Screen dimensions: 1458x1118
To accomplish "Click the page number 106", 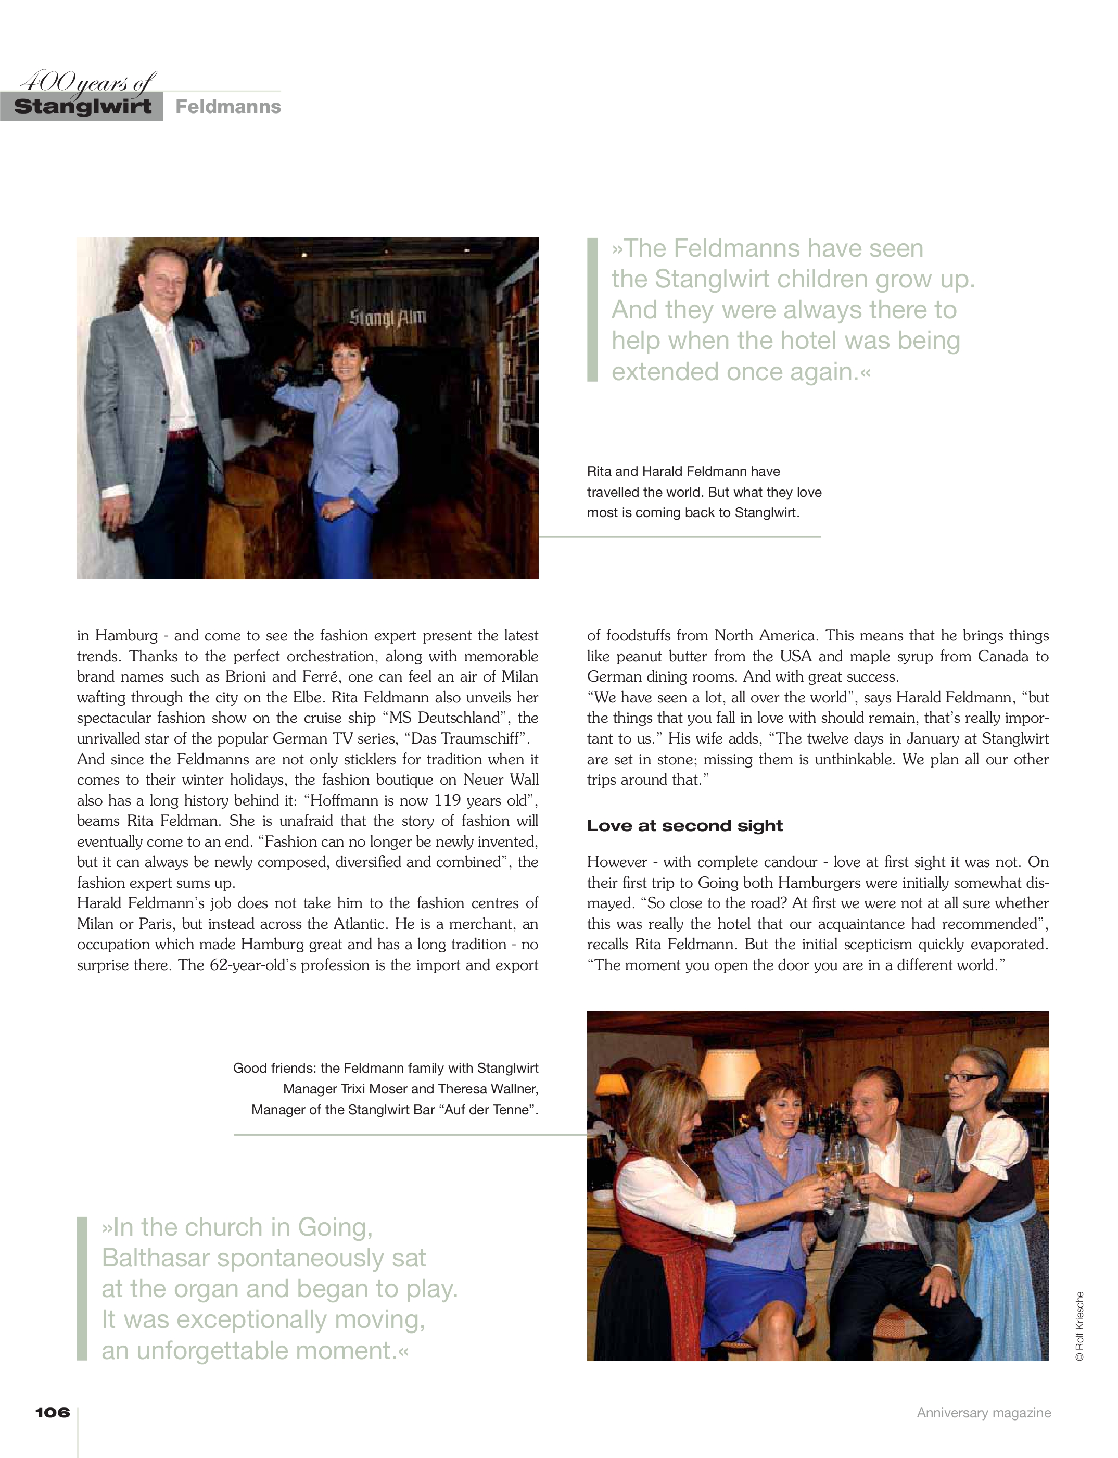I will point(53,1412).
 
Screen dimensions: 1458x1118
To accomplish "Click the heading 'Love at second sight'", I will point(684,825).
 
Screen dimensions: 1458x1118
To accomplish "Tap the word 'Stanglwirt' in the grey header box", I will point(83,107).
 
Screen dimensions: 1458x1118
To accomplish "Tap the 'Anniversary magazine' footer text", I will point(984,1413).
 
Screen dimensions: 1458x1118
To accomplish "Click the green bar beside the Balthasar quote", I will point(83,1288).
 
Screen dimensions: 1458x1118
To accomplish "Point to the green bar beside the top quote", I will point(592,310).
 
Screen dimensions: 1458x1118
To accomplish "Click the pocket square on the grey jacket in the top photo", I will point(196,346).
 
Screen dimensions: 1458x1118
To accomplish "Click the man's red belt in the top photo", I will point(181,435).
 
